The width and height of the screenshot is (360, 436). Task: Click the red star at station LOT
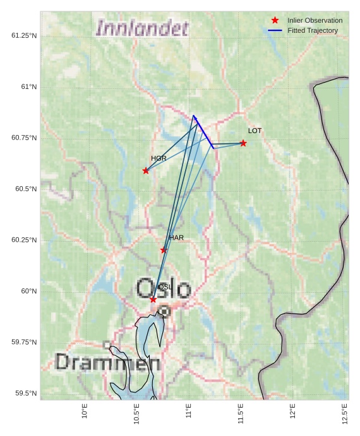[x=243, y=143]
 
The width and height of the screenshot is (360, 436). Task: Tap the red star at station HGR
[x=146, y=170]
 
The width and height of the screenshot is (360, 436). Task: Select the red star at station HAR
[x=164, y=250]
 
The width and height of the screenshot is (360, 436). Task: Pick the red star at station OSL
[x=153, y=299]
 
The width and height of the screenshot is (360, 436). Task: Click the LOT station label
[x=255, y=131]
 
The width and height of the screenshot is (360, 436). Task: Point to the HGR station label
[x=159, y=158]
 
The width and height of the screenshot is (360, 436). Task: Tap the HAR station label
[x=176, y=238]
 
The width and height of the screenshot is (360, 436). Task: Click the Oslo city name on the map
[x=164, y=288]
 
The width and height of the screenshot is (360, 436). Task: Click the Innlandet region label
[x=142, y=28]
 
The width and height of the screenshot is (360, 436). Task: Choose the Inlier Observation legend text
[x=315, y=20]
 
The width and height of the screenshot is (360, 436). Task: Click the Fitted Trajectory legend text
[x=312, y=30]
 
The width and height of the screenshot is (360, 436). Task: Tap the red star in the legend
[x=275, y=20]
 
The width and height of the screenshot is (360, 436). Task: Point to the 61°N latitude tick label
[x=27, y=86]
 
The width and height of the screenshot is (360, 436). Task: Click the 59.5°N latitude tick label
[x=25, y=393]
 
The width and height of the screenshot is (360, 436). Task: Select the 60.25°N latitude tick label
[x=24, y=240]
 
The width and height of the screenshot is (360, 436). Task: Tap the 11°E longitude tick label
[x=189, y=412]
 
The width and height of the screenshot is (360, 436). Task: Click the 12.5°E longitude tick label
[x=345, y=414]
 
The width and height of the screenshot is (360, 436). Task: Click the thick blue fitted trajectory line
[x=203, y=133]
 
